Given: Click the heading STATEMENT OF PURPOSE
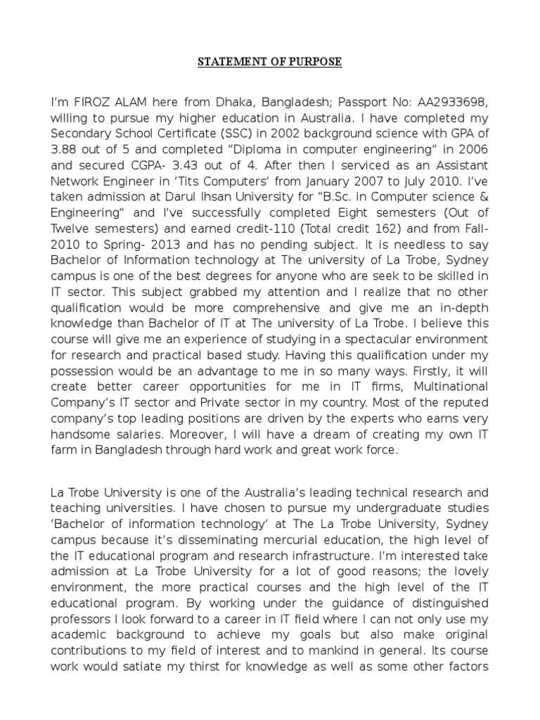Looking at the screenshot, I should [269, 62].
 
